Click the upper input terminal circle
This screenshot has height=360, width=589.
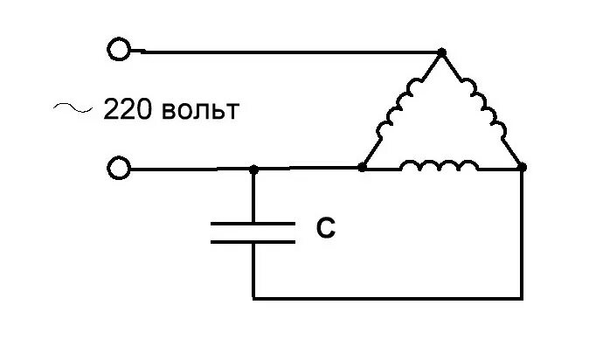pos(118,49)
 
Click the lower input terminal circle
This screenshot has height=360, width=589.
pos(118,168)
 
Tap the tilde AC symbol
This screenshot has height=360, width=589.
pos(73,108)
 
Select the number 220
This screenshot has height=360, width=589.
pos(128,112)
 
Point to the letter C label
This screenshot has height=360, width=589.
pos(325,229)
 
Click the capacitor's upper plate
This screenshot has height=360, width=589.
pos(253,224)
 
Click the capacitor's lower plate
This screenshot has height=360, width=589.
pos(253,241)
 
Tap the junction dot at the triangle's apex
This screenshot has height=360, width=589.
pos(441,52)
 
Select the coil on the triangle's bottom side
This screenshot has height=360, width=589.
pos(439,164)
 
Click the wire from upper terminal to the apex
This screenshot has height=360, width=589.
pos(288,52)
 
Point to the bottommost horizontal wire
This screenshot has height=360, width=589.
pos(388,299)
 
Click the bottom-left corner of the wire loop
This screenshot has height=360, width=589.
pos(253,299)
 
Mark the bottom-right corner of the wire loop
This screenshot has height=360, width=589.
pos(523,299)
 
